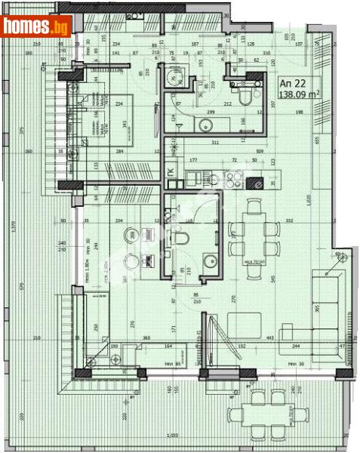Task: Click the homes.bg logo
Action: pos(35,26)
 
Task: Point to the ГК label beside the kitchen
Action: pos(170,172)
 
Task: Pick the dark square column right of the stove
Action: pos(258,181)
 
